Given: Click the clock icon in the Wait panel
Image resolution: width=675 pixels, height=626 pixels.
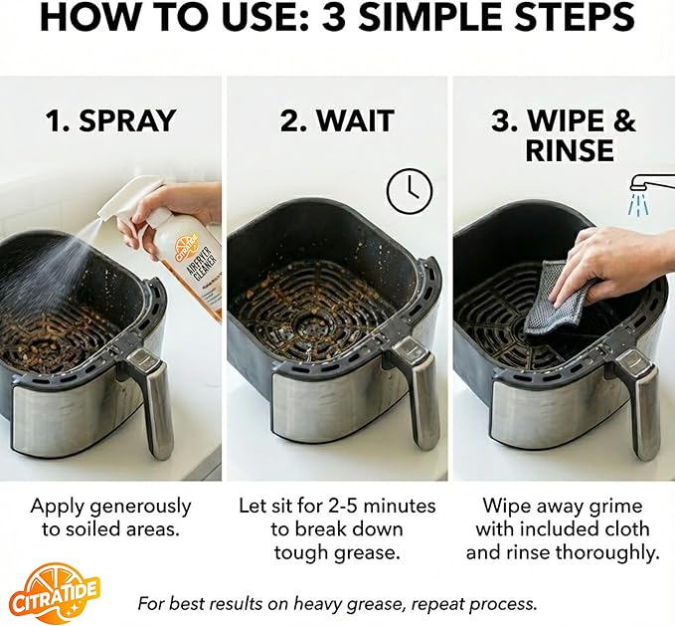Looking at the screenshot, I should (x=410, y=191).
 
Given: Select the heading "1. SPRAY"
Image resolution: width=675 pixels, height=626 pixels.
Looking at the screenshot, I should (x=110, y=121).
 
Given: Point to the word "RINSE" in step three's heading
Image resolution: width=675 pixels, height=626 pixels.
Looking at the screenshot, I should (x=563, y=151).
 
